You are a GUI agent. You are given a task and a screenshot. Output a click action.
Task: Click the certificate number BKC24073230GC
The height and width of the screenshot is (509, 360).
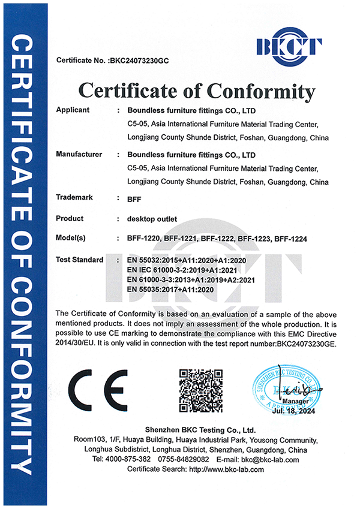pyautogui.click(x=141, y=61)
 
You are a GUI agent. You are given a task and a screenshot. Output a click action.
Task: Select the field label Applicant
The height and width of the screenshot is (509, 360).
pyautogui.click(x=72, y=110)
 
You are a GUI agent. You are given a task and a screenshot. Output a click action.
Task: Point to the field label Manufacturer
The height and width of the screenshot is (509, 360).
pyautogui.click(x=79, y=155)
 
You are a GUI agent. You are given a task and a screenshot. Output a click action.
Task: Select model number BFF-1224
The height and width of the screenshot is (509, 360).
pyautogui.click(x=290, y=239)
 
